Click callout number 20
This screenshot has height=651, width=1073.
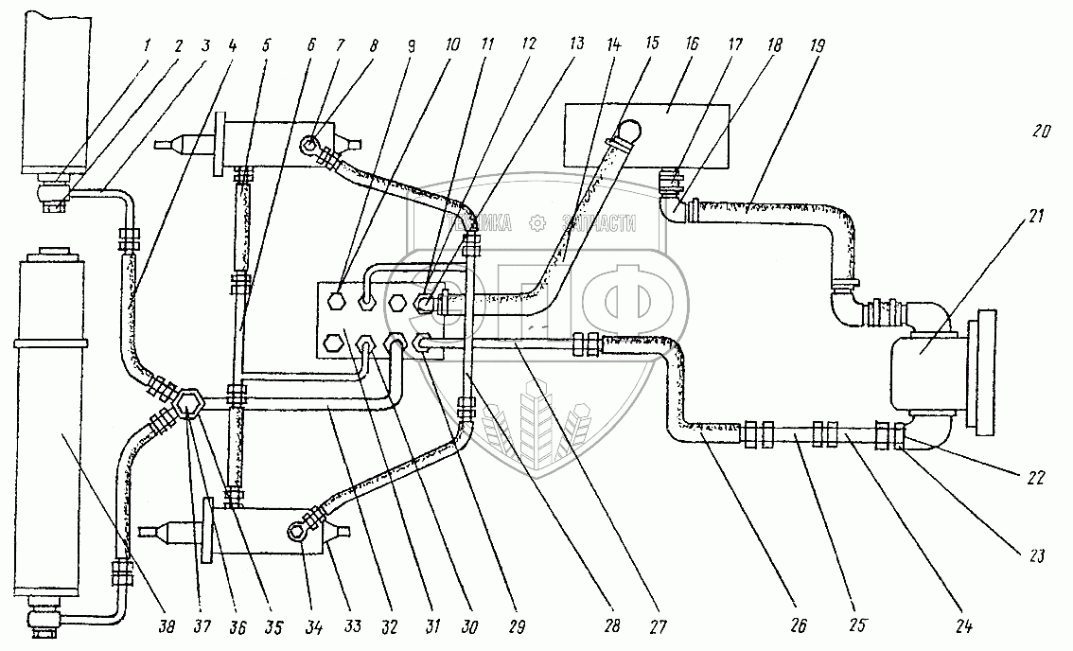[x=1041, y=132]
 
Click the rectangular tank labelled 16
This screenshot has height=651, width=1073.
[x=643, y=135]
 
